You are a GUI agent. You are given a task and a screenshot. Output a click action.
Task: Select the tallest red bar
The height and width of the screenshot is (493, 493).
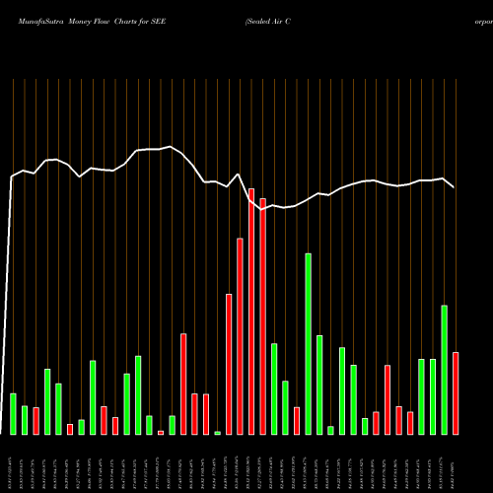[x=251, y=311]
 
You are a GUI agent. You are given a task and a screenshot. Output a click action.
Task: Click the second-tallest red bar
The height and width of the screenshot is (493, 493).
[x=263, y=316]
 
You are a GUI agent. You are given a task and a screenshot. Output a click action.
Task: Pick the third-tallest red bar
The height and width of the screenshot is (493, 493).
[x=241, y=336]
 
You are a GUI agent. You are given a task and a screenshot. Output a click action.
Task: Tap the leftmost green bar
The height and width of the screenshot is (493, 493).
[x=13, y=413]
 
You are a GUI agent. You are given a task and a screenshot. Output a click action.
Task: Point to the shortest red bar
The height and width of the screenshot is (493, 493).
[x=161, y=432]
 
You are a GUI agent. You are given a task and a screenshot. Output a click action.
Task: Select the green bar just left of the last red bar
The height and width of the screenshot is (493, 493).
[x=445, y=370]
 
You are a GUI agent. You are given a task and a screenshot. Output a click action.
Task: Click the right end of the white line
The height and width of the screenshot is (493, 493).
[x=454, y=186]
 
